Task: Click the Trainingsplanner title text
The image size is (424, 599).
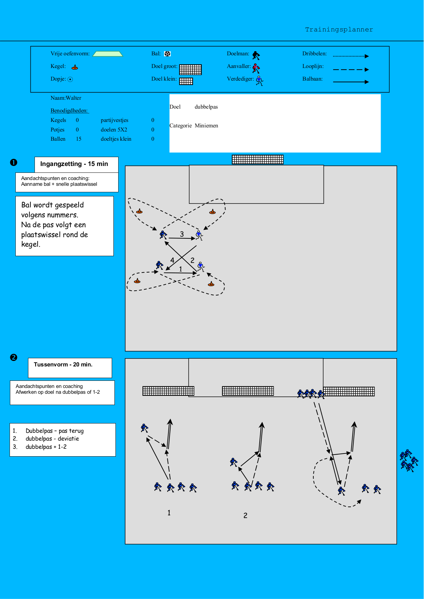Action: pyautogui.click(x=339, y=30)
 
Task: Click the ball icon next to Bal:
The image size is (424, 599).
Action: pyautogui.click(x=167, y=54)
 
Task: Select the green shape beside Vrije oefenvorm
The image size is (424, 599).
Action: pyautogui.click(x=108, y=54)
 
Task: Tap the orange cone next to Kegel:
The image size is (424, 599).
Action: pyautogui.click(x=75, y=67)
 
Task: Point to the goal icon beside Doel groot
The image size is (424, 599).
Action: pyautogui.click(x=190, y=69)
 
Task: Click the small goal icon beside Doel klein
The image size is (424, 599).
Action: pyautogui.click(x=186, y=81)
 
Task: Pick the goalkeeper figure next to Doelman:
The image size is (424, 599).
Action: pyautogui.click(x=256, y=55)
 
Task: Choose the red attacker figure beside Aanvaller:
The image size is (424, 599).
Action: pyautogui.click(x=256, y=68)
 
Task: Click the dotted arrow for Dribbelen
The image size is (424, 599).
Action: pyautogui.click(x=351, y=56)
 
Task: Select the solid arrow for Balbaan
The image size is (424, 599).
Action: pyautogui.click(x=351, y=82)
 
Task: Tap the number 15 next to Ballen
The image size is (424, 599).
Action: pyautogui.click(x=79, y=139)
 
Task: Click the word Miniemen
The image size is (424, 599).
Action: pyautogui.click(x=206, y=126)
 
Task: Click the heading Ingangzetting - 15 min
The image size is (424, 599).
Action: pyautogui.click(x=74, y=164)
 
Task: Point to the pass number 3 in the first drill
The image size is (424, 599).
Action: pyautogui.click(x=182, y=234)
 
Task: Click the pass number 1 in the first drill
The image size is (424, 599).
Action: pyautogui.click(x=181, y=269)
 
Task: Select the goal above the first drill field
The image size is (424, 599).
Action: pyautogui.click(x=258, y=159)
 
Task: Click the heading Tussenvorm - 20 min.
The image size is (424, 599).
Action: pyautogui.click(x=63, y=365)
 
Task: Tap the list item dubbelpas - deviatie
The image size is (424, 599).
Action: pyautogui.click(x=52, y=439)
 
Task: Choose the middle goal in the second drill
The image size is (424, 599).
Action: pyautogui.click(x=248, y=391)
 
